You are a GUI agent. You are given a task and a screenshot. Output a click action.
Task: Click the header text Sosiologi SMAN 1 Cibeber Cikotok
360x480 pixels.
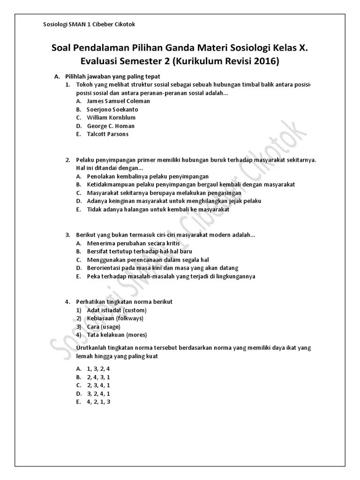[89, 24]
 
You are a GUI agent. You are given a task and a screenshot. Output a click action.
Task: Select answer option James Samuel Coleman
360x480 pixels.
[118, 101]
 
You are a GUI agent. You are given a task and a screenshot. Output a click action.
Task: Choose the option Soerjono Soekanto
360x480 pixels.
[112, 109]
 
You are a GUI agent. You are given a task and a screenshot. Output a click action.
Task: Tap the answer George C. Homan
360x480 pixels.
[111, 126]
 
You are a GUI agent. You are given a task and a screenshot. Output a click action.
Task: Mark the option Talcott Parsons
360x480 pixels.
[107, 134]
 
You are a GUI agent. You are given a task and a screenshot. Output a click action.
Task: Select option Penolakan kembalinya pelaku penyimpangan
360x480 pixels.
[148, 176]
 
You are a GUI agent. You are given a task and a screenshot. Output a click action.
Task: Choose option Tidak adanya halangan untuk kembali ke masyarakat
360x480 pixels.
[158, 210]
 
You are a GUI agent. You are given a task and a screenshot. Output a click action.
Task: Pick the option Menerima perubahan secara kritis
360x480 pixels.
[126, 243]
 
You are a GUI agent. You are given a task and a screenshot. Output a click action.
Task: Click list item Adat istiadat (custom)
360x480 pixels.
[117, 310]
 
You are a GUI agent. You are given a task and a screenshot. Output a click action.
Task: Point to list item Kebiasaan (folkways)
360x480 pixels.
[115, 318]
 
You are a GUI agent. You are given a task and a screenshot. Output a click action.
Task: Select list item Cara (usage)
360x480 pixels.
[104, 327]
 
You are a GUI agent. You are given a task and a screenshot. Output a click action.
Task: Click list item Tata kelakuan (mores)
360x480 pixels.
[117, 335]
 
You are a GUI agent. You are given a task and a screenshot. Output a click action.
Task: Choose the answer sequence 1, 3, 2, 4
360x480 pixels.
[98, 368]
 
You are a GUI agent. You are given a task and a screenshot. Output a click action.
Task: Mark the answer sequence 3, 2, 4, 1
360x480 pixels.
[98, 394]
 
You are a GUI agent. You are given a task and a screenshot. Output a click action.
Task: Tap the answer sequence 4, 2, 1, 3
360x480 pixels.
[98, 402]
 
